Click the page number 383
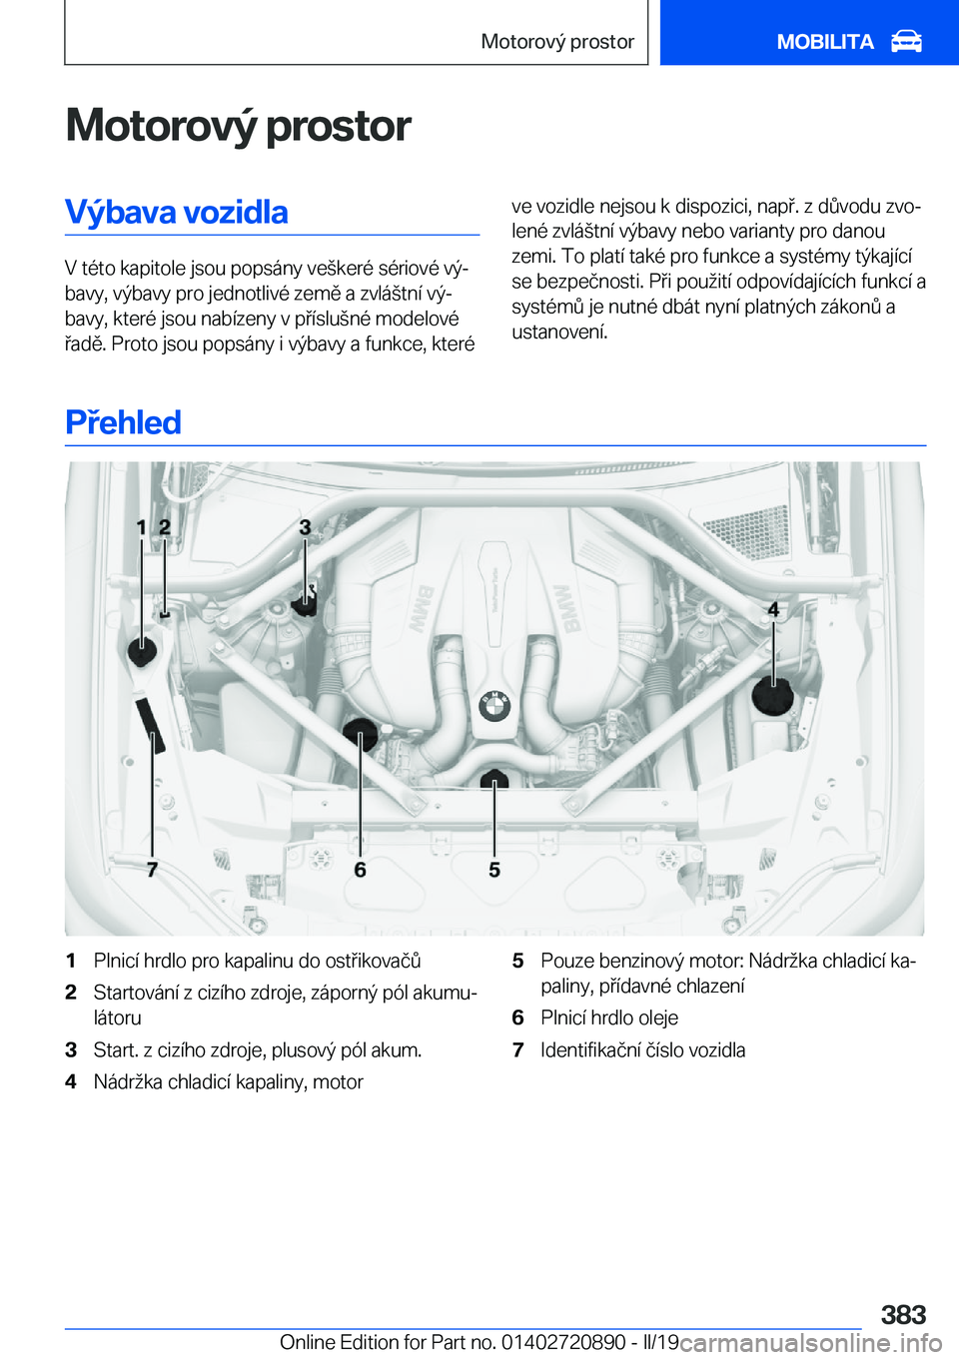[x=903, y=1314]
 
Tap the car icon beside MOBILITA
[x=906, y=42]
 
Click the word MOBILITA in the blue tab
[x=825, y=42]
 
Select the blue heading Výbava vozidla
[x=177, y=213]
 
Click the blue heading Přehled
[x=123, y=422]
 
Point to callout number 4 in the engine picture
[x=773, y=609]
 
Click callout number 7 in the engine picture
[x=152, y=870]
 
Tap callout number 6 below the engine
[x=361, y=870]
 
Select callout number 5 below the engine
[x=494, y=870]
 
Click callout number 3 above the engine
[x=306, y=527]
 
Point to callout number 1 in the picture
[x=142, y=527]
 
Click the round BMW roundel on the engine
[x=494, y=706]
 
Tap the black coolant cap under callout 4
[x=772, y=695]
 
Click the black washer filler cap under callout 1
[x=143, y=651]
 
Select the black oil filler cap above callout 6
[x=361, y=734]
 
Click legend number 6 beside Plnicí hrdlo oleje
[x=517, y=1018]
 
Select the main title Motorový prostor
[x=238, y=126]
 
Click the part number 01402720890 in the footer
[x=563, y=1342]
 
